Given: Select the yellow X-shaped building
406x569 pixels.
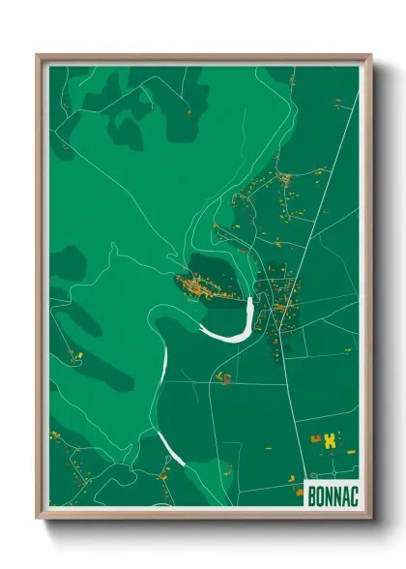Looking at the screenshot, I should pos(332,440).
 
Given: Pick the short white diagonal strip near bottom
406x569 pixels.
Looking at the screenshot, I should pos(170,449).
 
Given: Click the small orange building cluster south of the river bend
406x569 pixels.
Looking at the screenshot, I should pos(224,377).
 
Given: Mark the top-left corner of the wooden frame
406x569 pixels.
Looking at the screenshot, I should pos(39,56).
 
